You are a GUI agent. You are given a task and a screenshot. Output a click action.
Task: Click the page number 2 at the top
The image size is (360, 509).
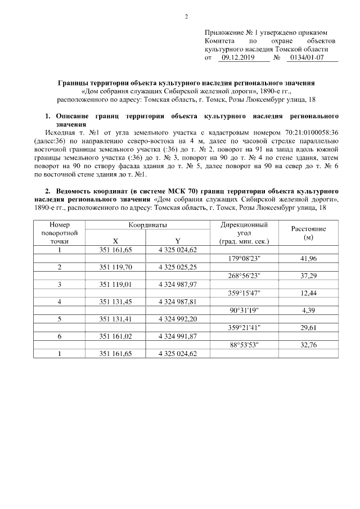186,15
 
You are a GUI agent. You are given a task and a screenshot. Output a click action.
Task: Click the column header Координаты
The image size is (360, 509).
147,225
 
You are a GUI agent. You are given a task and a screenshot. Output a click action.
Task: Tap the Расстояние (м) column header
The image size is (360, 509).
308,233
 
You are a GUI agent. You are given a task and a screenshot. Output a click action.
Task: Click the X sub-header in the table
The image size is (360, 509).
115,241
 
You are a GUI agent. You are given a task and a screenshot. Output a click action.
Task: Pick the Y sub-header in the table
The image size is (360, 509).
178,241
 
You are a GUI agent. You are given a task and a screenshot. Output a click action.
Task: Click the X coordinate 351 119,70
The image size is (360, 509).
115,267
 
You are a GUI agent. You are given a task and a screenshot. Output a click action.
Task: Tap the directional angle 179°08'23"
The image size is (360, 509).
244,258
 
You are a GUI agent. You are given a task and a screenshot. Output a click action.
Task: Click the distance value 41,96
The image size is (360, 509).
309,258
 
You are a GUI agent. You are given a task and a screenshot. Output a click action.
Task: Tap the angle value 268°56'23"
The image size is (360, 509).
244,276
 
